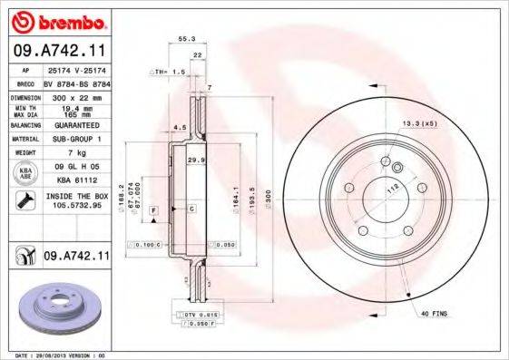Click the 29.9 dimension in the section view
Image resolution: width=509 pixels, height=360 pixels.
pyautogui.click(x=194, y=160)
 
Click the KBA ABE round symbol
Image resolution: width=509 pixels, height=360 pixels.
pyautogui.click(x=25, y=172)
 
